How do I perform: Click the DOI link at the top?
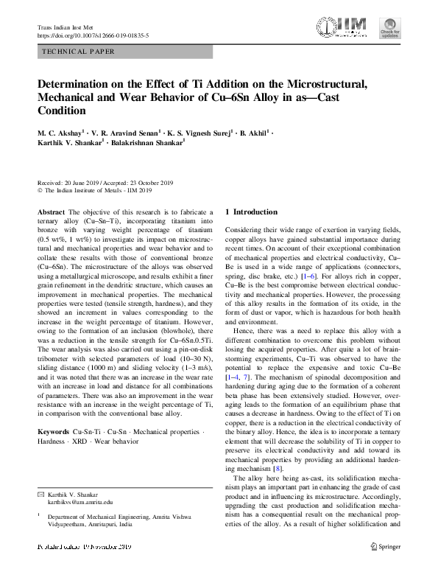point(93,35)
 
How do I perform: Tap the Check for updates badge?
point(390,28)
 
